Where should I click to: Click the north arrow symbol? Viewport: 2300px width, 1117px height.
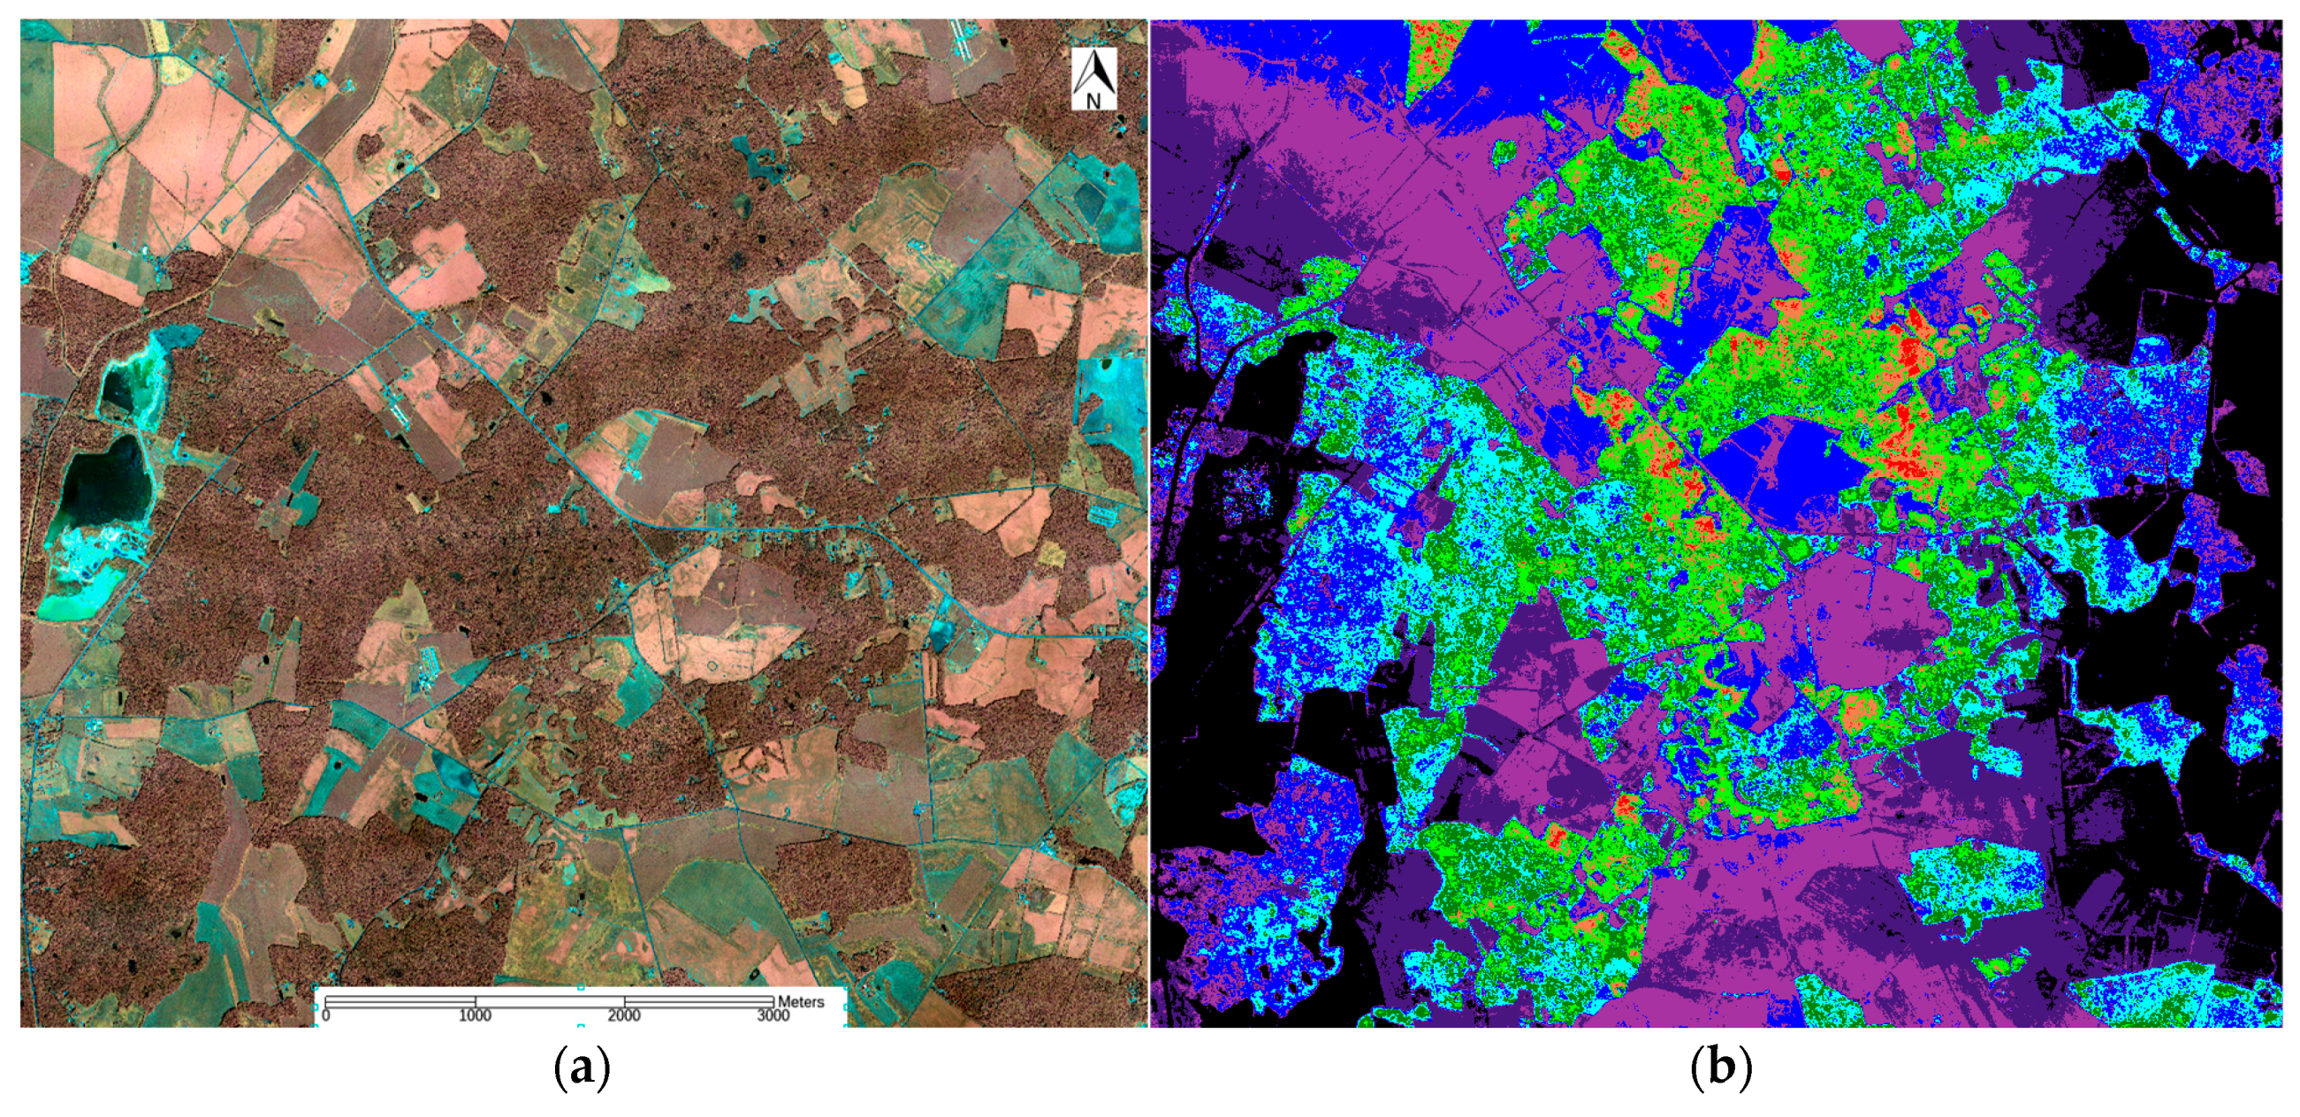coord(1093,72)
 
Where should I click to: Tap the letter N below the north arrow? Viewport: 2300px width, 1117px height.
coord(1093,101)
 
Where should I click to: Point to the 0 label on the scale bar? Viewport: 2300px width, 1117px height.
coord(326,1016)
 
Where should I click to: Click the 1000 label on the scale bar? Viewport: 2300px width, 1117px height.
coord(475,1016)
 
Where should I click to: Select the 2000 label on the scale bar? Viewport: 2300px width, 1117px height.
coord(624,1016)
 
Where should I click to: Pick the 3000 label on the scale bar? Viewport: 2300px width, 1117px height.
coord(773,1016)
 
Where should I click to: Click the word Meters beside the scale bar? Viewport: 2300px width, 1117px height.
coord(801,1002)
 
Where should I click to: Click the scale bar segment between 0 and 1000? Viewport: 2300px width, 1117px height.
coord(400,1002)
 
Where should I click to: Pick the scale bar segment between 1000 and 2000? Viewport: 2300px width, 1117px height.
coord(549,1002)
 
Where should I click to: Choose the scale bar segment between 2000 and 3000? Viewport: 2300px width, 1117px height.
coord(698,1002)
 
